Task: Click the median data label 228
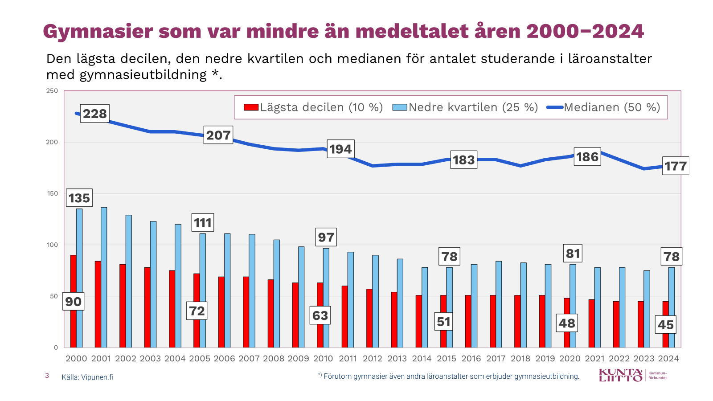pos(95,114)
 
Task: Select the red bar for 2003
pos(147,307)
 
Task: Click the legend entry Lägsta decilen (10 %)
pos(313,107)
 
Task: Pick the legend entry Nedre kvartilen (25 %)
pos(465,107)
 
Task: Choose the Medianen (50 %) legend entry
pos(604,107)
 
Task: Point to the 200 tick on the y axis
pos(52,142)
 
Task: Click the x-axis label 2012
pos(373,359)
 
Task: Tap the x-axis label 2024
pos(668,359)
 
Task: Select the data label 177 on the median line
pos(676,166)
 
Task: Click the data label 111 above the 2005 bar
pos(203,223)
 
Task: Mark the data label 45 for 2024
pos(666,325)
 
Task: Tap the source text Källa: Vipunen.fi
pos(87,377)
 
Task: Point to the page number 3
pos(47,376)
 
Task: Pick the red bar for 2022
pos(616,324)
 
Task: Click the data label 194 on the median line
pos(341,149)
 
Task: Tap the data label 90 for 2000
pos(74,302)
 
